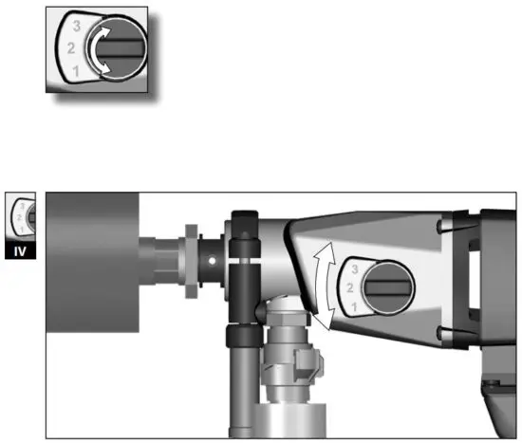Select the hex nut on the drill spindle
click(191, 259)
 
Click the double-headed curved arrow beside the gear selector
click(325, 286)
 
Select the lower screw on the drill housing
click(442, 333)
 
